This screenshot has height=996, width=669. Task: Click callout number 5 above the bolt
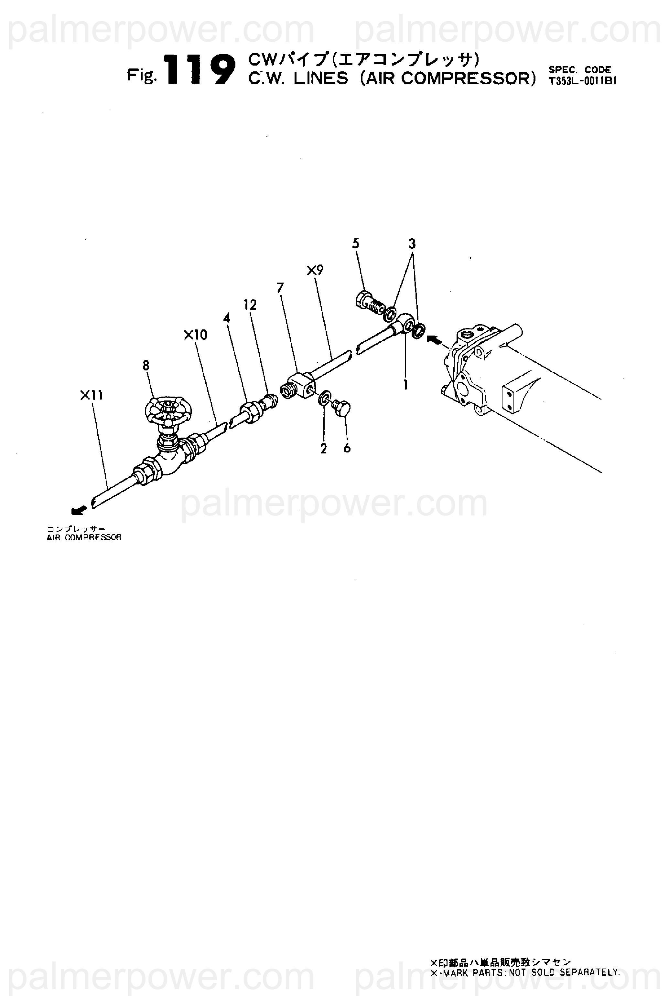point(356,244)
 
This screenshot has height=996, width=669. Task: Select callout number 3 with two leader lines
point(412,244)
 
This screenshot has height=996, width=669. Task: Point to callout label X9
point(315,270)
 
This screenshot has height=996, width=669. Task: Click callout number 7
point(280,288)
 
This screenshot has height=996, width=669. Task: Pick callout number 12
point(250,305)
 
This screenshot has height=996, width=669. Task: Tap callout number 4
point(227,318)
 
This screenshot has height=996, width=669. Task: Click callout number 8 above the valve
point(146,365)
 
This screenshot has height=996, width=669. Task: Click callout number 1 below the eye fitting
point(405,385)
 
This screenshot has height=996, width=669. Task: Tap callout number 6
point(347,448)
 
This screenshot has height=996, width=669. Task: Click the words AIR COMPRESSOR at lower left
point(84,537)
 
